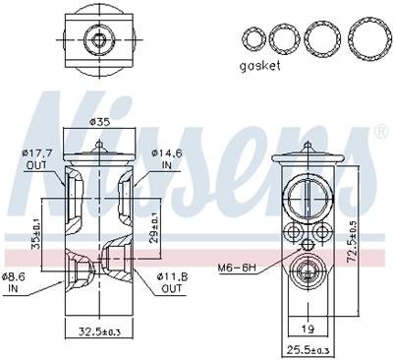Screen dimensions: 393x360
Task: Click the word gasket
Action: click(259, 66)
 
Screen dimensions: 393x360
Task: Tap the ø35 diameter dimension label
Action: click(99, 123)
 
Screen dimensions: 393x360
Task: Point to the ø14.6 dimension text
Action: click(167, 152)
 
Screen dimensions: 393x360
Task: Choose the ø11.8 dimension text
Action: click(172, 276)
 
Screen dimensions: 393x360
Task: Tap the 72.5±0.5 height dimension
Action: click(352, 241)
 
